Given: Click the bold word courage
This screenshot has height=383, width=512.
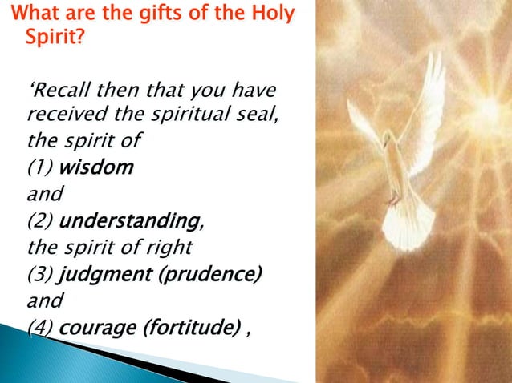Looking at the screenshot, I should point(96,327).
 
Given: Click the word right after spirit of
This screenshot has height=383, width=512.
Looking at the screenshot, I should point(164,246).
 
